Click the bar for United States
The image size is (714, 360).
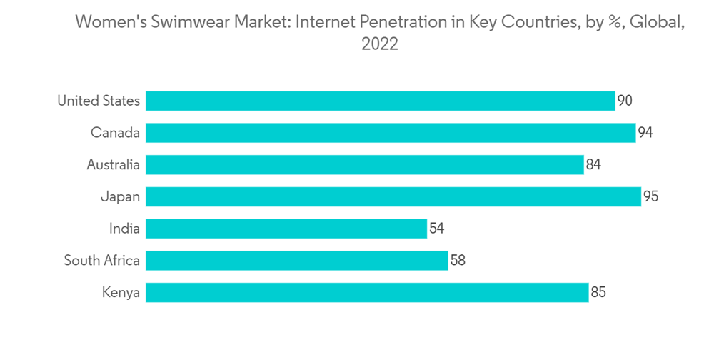click(380, 101)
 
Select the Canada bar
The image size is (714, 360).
click(391, 133)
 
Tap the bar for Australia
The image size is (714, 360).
click(365, 165)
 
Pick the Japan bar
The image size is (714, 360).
click(393, 196)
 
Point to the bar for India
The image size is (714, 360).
click(286, 229)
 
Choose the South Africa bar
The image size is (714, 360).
click(297, 260)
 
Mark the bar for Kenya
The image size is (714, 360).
click(367, 292)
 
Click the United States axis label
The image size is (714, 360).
click(99, 101)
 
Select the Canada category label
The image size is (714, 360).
click(115, 133)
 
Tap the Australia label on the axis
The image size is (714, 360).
click(113, 165)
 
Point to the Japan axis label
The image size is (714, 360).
click(120, 196)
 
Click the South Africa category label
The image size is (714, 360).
click(101, 260)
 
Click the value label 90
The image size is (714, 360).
click(625, 101)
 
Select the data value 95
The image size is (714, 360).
click(650, 196)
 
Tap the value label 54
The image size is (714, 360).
click(437, 229)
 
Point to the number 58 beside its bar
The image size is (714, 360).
click(458, 260)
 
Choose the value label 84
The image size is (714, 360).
click(593, 165)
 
